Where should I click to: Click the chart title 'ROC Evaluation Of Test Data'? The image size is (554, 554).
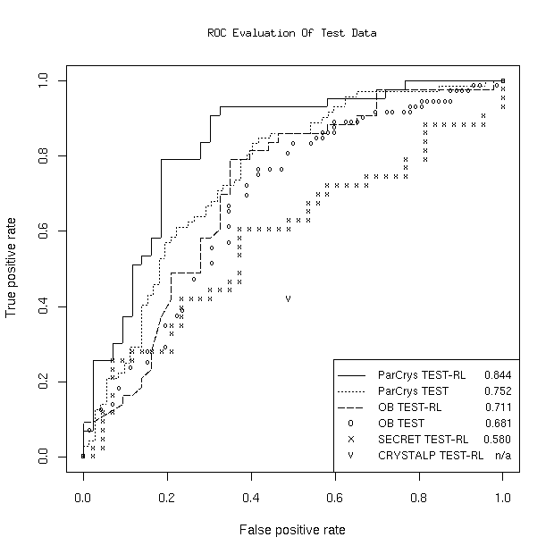(291, 33)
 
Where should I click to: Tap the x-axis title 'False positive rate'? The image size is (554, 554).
(292, 530)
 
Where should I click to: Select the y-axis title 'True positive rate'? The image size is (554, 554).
(13, 269)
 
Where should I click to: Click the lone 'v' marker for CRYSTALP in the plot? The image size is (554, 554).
(288, 298)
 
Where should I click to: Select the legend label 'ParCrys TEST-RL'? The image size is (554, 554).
(418, 375)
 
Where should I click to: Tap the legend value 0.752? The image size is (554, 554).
(497, 391)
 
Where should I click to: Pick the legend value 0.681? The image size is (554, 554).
(497, 424)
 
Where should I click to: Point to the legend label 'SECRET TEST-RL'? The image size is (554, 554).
(423, 440)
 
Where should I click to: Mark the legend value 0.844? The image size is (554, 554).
(497, 375)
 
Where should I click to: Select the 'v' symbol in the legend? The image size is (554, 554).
(351, 456)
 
